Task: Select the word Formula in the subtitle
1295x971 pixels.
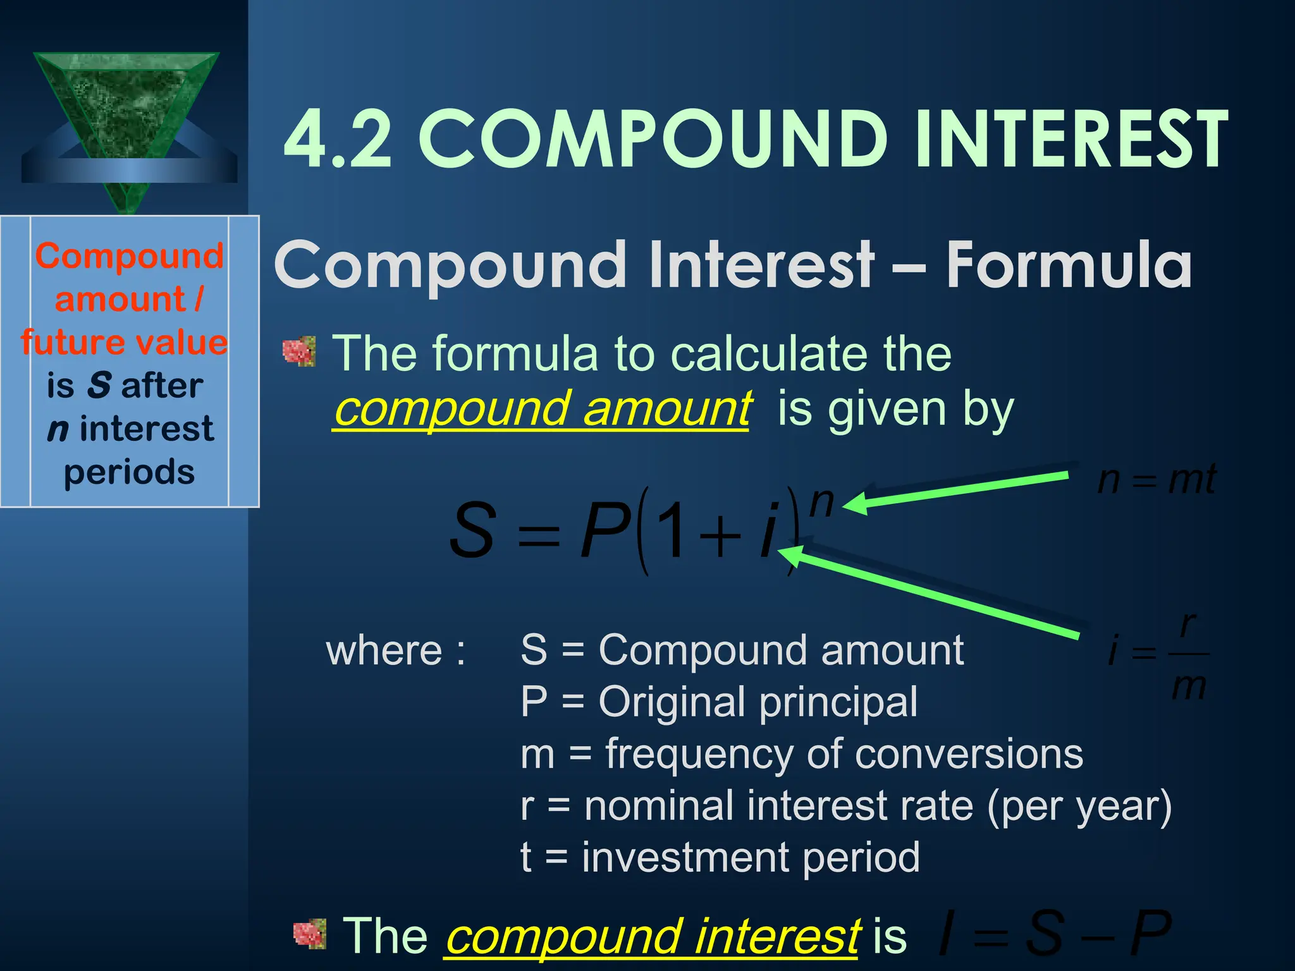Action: click(1069, 266)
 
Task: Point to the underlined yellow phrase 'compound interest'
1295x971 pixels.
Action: click(652, 936)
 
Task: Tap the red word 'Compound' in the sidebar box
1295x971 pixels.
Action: click(130, 257)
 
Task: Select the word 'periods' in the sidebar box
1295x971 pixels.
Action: click(130, 472)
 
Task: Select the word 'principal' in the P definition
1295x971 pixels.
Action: click(838, 702)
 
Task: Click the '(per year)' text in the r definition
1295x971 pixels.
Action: click(1079, 806)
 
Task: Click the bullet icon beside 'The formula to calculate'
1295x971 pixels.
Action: click(299, 351)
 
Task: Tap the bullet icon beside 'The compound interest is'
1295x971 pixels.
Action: click(310, 934)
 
